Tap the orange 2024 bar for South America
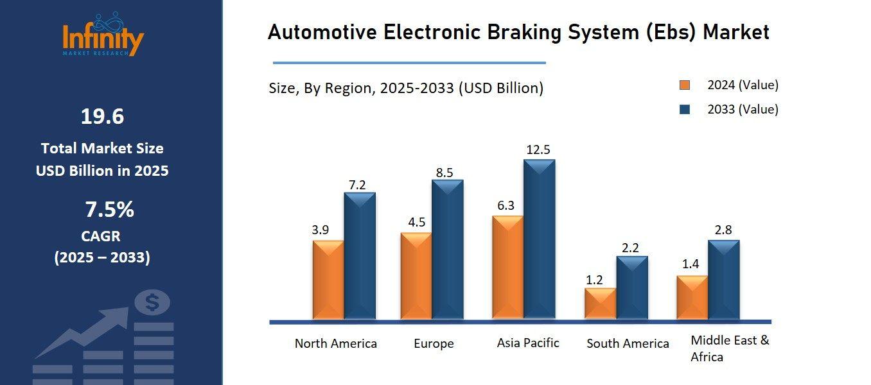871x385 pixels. tap(600, 304)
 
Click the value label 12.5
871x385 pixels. tap(538, 150)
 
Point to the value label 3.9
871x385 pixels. tap(321, 230)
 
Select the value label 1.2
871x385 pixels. tap(594, 280)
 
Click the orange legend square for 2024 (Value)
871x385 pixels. tap(685, 85)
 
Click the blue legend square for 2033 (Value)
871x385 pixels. tap(685, 110)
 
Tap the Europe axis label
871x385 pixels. tap(434, 344)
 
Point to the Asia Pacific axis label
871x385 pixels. tap(528, 343)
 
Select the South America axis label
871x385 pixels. tap(628, 344)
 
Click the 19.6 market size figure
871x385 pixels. tap(102, 117)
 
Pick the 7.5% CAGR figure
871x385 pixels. tap(109, 209)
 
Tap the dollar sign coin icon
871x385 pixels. tap(152, 302)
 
